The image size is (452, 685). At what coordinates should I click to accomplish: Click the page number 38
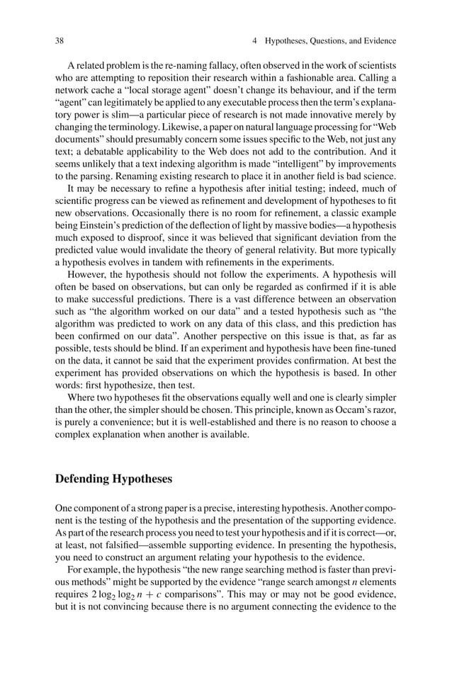tap(60, 40)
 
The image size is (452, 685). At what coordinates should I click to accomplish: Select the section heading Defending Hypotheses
tap(113, 478)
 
